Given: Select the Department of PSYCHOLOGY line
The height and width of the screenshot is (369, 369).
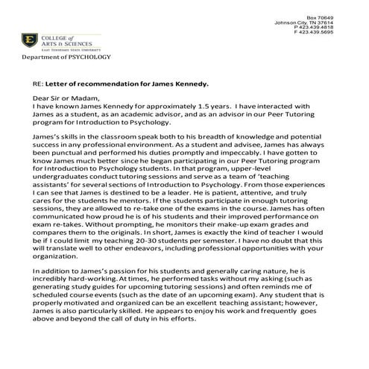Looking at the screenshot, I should [66, 57].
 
